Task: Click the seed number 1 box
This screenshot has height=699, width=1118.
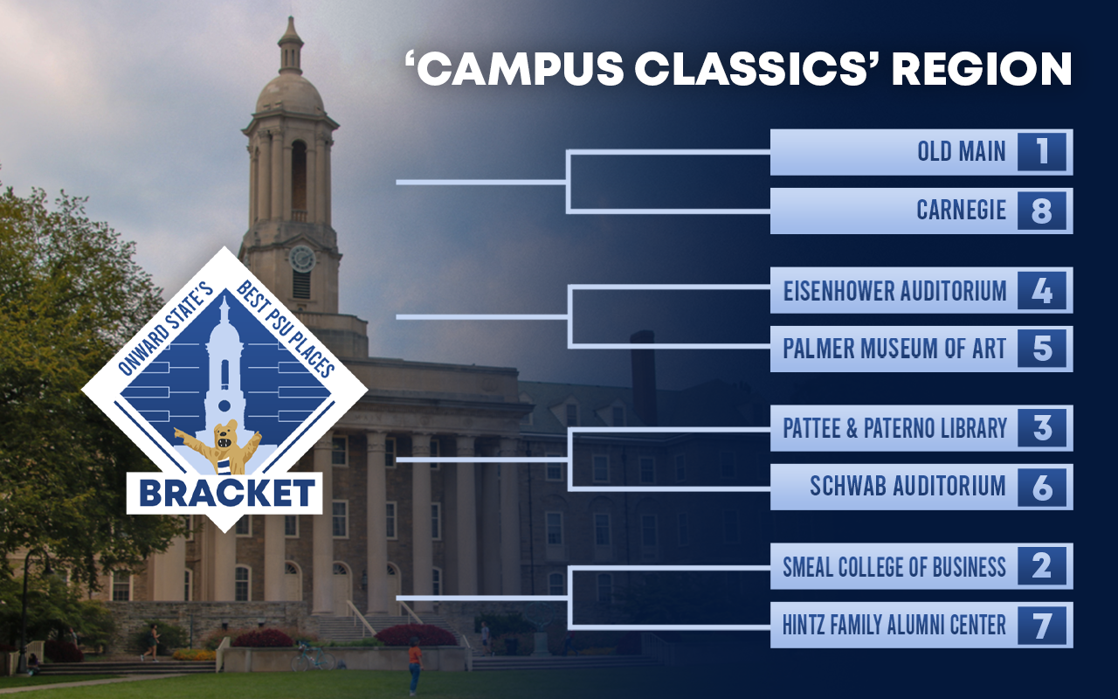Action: coord(1042,152)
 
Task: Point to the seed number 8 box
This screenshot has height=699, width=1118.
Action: coord(1042,211)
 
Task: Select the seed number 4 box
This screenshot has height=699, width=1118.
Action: coord(1042,291)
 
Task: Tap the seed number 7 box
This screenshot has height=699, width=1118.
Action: coord(1042,625)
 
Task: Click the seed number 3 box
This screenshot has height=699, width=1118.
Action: coord(1042,428)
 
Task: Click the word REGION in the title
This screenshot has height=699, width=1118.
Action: coord(983,68)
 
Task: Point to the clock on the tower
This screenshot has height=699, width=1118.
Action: coord(302,260)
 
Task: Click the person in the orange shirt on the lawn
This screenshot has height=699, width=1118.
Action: coord(415,667)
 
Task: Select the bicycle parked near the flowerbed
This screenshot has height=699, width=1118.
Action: coord(313,656)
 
